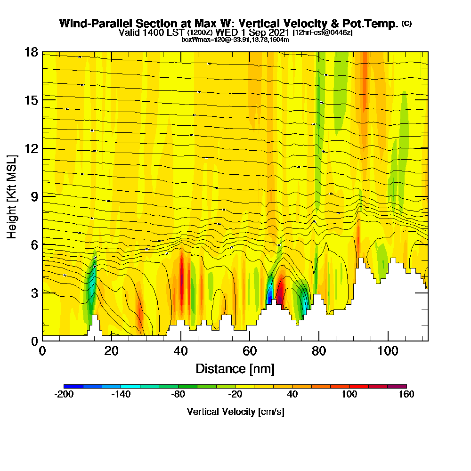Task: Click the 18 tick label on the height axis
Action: pos(31,52)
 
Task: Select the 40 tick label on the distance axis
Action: pos(181,351)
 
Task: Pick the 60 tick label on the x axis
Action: pos(250,351)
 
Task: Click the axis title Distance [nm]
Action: pos(235,368)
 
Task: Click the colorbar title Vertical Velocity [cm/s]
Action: pos(235,412)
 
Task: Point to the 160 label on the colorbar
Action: pos(406,395)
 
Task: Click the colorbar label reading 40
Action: pos(292,395)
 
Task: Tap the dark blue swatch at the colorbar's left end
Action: pos(73,386)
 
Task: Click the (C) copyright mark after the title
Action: pos(406,24)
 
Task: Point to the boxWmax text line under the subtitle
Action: pos(235,40)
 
